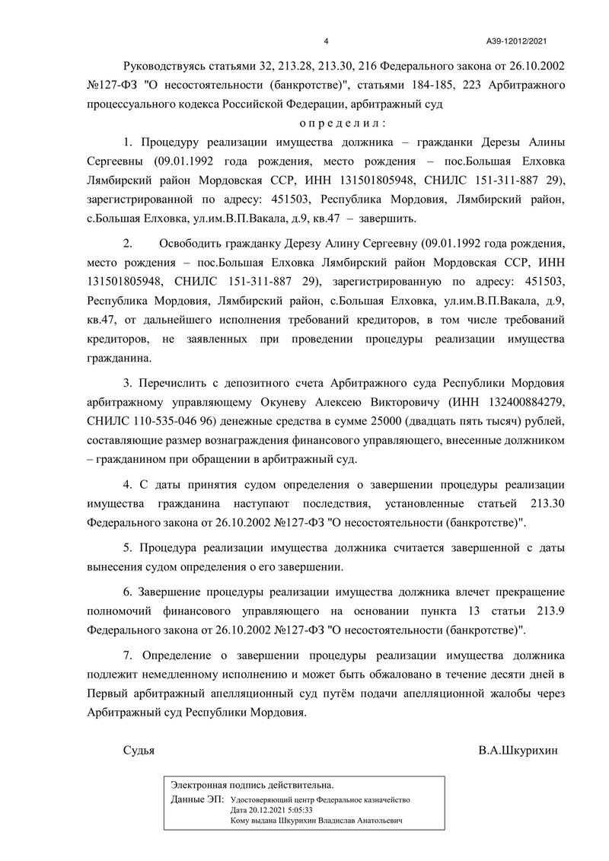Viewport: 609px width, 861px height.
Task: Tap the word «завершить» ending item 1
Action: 391,218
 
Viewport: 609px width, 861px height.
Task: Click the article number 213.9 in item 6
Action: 547,611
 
